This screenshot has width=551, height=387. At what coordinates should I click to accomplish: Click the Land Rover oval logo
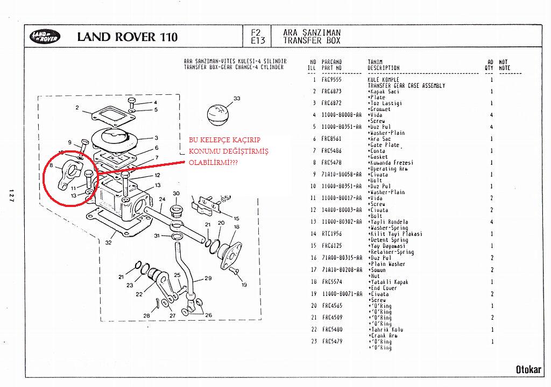pos(45,37)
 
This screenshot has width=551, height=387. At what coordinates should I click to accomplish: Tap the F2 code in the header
pos(256,32)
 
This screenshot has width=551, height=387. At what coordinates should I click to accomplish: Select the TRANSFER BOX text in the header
pos(312,40)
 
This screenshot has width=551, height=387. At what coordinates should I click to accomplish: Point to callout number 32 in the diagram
pos(108,242)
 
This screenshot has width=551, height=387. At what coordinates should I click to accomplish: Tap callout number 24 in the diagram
pos(162,199)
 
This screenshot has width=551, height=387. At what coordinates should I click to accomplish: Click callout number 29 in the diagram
pos(208,279)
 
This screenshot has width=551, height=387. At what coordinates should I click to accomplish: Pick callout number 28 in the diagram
pos(146,315)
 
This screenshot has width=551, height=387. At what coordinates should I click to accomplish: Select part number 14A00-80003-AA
pos(341,210)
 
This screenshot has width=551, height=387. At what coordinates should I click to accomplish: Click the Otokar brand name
pos(528,369)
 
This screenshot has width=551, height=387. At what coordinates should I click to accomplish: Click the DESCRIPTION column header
pos(384,68)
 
